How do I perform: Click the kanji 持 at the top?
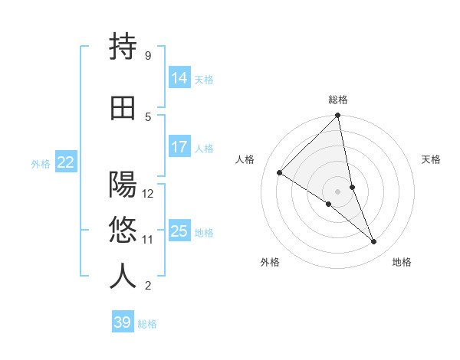tap(123, 47)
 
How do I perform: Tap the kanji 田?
tap(123, 109)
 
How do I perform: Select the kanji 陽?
tap(123, 185)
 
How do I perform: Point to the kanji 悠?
tap(123, 231)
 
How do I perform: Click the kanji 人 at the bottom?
tap(123, 277)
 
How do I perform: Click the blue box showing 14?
tap(179, 78)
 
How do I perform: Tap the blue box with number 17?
tap(179, 147)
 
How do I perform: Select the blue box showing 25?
tap(179, 231)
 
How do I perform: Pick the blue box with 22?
tap(66, 162)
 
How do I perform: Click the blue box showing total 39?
tap(122, 322)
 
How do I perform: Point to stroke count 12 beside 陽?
tap(148, 193)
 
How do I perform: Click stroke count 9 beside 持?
tap(147, 55)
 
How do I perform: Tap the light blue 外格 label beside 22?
tap(41, 163)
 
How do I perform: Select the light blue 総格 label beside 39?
tap(147, 324)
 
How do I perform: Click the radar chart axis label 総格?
tap(338, 100)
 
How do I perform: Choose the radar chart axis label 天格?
tap(432, 159)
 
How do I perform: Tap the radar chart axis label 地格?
tap(402, 262)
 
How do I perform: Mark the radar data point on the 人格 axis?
tap(280, 172)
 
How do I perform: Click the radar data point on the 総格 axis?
tap(338, 116)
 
